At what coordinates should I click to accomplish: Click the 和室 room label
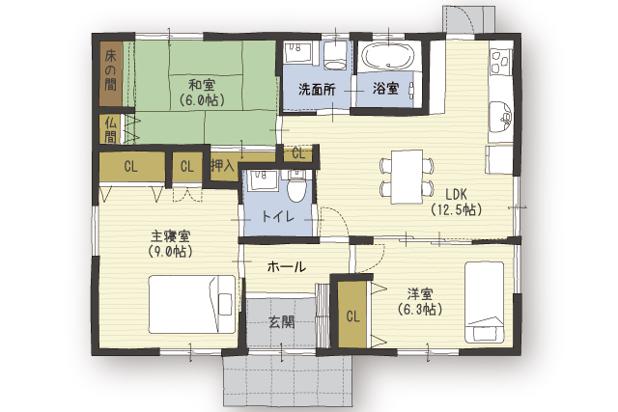click(201, 86)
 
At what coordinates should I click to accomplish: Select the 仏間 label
click(111, 130)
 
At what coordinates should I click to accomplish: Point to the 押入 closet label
click(223, 165)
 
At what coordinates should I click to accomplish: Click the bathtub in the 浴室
click(388, 56)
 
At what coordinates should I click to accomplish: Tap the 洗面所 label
click(317, 90)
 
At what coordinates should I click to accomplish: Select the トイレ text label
click(278, 216)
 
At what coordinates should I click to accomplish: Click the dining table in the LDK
click(407, 177)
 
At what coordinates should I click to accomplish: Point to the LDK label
click(456, 194)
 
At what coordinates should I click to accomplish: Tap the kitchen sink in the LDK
click(501, 117)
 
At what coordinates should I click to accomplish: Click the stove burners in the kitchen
click(501, 62)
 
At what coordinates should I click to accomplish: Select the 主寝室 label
click(171, 236)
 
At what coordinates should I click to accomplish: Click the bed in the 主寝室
click(192, 305)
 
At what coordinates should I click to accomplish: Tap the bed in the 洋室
click(485, 302)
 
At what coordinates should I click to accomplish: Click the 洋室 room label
click(420, 294)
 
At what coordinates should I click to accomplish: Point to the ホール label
click(287, 267)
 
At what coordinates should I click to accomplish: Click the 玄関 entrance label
click(282, 322)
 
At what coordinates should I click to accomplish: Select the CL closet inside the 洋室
click(352, 316)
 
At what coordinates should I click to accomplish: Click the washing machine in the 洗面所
click(335, 56)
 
